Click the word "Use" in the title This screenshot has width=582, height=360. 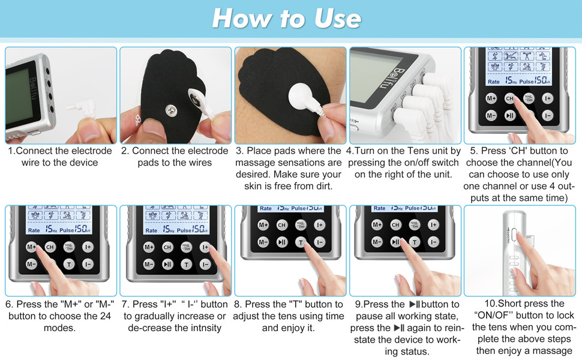(337, 19)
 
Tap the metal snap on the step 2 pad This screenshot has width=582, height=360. (171, 110)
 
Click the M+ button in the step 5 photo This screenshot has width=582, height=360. (491, 98)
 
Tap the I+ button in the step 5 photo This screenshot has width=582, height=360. (547, 98)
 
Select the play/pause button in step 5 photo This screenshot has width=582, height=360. (510, 116)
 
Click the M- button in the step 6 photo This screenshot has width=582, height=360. (31, 264)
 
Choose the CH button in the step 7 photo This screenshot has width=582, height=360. (167, 247)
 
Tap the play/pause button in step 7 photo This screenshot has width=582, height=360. (167, 264)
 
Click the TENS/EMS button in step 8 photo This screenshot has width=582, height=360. (300, 225)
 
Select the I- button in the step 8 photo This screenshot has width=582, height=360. (319, 242)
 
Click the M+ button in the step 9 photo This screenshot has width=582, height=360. (377, 225)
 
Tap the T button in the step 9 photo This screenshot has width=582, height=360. (415, 242)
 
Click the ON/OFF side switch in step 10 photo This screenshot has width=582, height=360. (514, 235)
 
